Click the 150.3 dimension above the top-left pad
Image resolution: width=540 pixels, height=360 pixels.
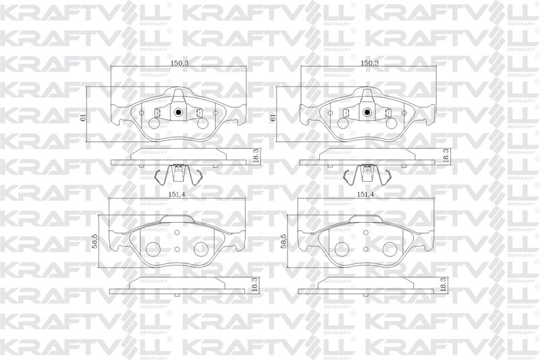click(178, 63)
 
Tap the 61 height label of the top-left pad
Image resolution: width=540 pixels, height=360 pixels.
click(83, 117)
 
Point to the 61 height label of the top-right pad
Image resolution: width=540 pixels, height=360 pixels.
click(273, 117)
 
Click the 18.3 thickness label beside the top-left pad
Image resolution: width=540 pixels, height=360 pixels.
click(256, 156)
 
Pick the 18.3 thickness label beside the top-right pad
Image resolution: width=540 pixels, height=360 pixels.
click(446, 156)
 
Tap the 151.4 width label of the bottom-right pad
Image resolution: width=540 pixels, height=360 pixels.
click(365, 195)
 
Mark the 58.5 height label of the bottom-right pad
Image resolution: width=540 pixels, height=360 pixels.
click(283, 241)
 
